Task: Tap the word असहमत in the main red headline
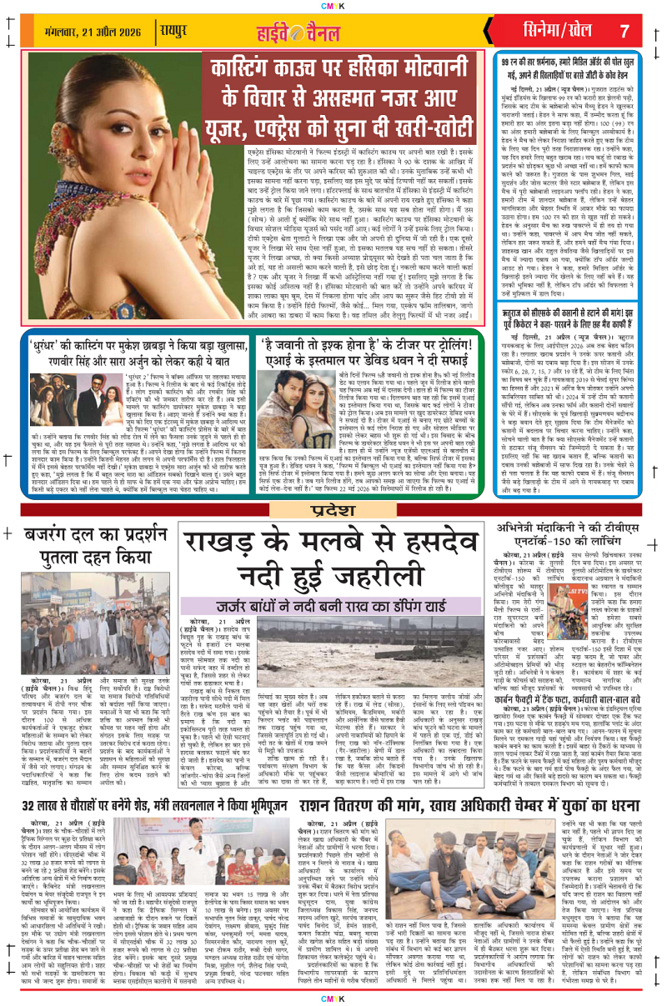[x=335, y=95]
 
